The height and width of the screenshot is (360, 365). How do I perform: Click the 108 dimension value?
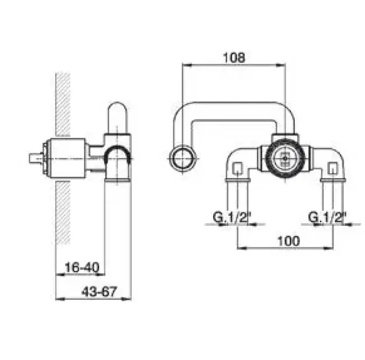coord(234,57)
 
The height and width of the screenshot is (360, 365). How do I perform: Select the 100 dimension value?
coord(289,241)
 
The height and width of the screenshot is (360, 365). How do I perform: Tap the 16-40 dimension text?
coord(82,267)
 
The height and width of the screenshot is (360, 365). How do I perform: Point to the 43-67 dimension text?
coord(99,292)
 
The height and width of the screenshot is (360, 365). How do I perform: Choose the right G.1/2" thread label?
coord(327,217)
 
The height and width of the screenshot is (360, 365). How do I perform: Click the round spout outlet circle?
coord(183,159)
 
